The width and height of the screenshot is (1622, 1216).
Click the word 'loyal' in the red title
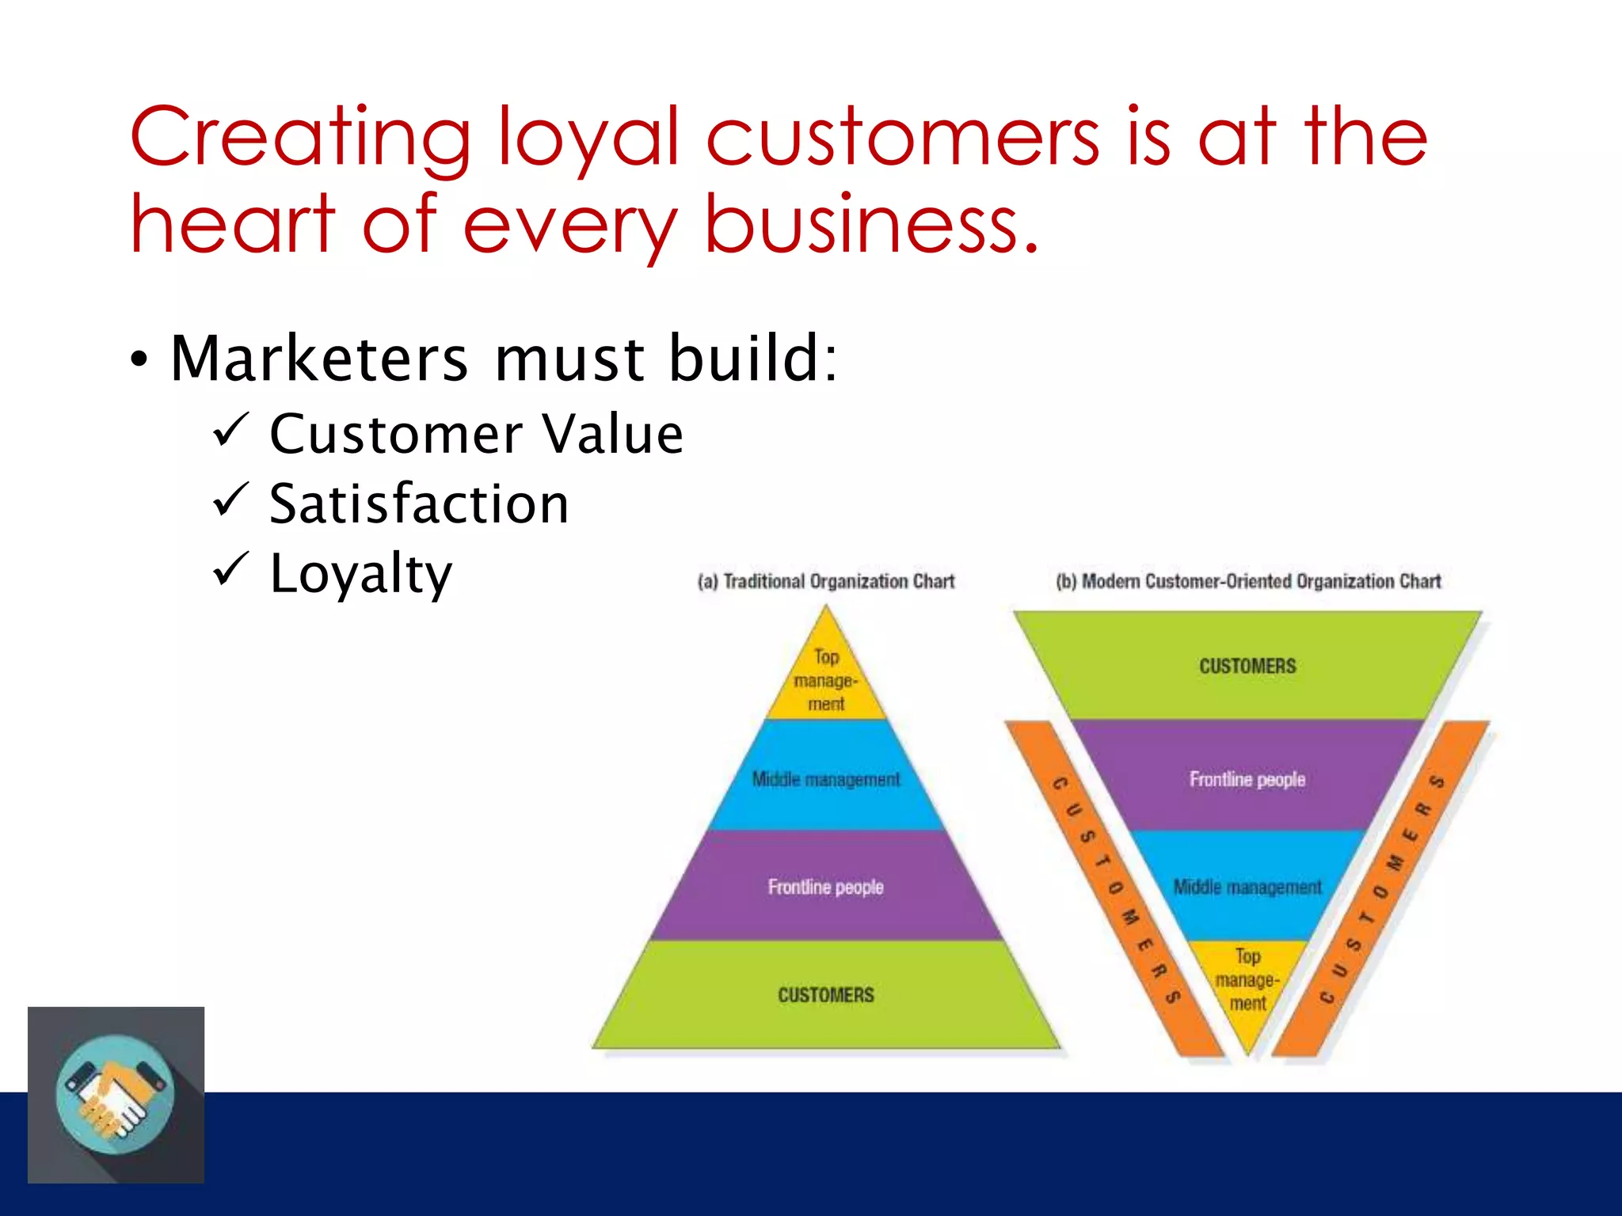pos(588,138)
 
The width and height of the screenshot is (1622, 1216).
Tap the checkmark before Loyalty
pos(231,569)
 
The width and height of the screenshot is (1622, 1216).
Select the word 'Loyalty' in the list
pos(361,573)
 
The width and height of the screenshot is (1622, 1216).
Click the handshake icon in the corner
pos(116,1095)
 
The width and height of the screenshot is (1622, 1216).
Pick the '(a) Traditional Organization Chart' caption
pos(826,581)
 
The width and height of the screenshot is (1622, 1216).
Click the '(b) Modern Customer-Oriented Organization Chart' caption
pos(1248,581)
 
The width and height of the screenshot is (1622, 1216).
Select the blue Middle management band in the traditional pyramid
pos(826,779)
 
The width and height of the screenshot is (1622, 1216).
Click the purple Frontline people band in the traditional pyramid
pos(826,887)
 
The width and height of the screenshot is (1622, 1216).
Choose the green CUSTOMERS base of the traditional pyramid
pos(826,995)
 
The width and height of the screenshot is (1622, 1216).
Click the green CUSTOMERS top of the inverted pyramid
pos(1247,666)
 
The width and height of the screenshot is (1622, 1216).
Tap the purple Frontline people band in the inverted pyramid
pos(1247,779)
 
